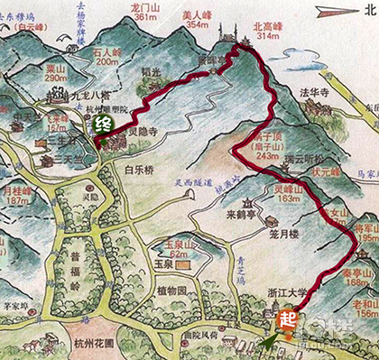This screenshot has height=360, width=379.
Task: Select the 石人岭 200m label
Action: [106, 58]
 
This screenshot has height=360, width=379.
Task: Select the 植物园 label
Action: [171, 291]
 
